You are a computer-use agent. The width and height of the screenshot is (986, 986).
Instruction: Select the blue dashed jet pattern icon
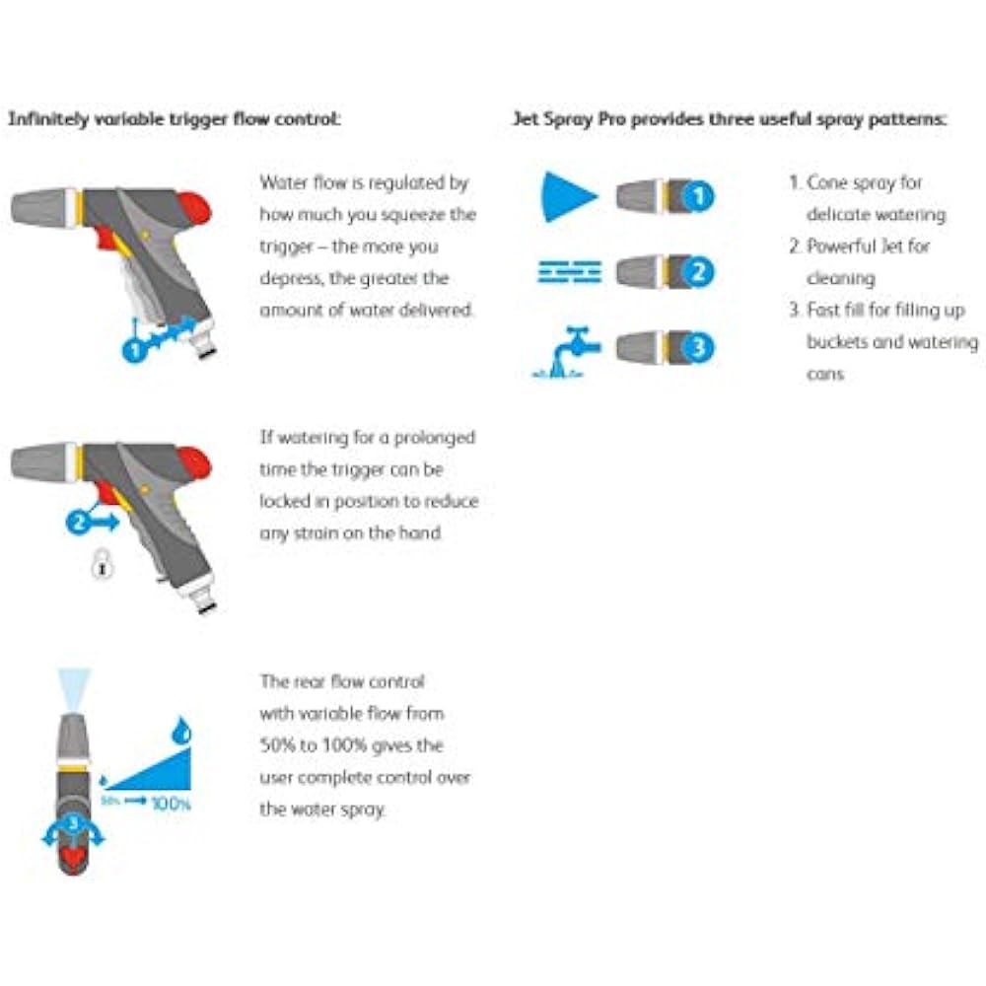pos(569,271)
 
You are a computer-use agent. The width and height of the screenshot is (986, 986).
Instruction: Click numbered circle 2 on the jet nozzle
pos(698,271)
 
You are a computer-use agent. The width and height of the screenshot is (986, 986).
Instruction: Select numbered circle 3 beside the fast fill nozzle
pos(698,348)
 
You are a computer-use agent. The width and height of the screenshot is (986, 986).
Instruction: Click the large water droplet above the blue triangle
pos(182,731)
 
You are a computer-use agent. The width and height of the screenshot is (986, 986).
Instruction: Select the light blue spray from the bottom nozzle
pos(74,684)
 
